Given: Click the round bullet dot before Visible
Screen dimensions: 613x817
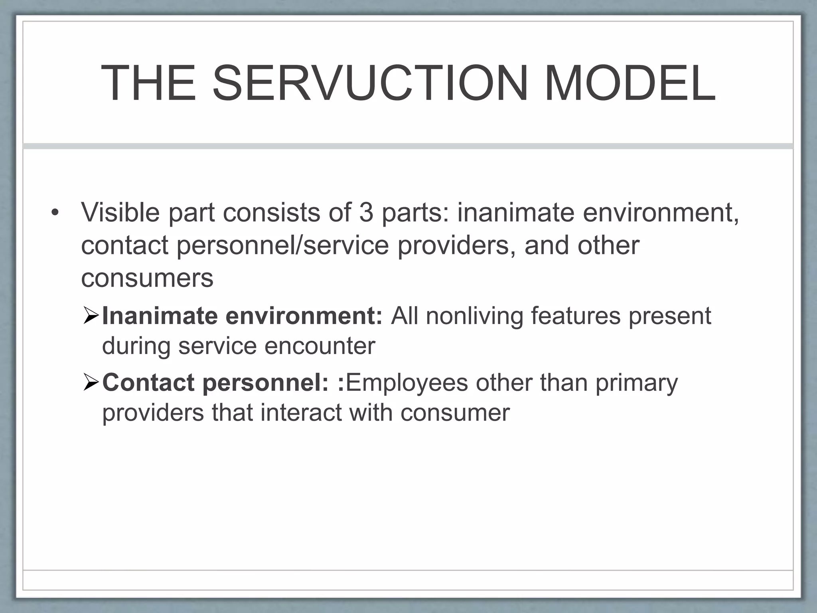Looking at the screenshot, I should [55, 212].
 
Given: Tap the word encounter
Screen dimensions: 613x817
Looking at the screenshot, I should [320, 346].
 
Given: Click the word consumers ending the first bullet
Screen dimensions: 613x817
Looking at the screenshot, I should [147, 278].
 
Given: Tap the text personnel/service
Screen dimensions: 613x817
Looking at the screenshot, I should [282, 245].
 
